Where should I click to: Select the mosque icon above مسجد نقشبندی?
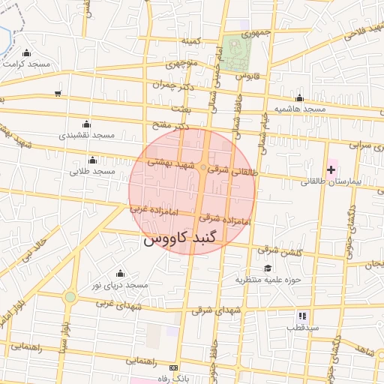(85, 124)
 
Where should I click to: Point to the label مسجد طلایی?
(92, 171)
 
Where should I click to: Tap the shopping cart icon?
(58, 94)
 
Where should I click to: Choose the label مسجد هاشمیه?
(299, 109)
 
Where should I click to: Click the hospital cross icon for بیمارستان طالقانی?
(331, 170)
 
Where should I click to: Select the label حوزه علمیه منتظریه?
(268, 280)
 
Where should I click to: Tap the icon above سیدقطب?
(301, 316)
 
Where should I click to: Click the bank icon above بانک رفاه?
(174, 368)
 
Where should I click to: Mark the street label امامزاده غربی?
(154, 211)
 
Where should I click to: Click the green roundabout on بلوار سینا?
(70, 297)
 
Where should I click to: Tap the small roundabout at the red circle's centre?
(204, 167)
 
